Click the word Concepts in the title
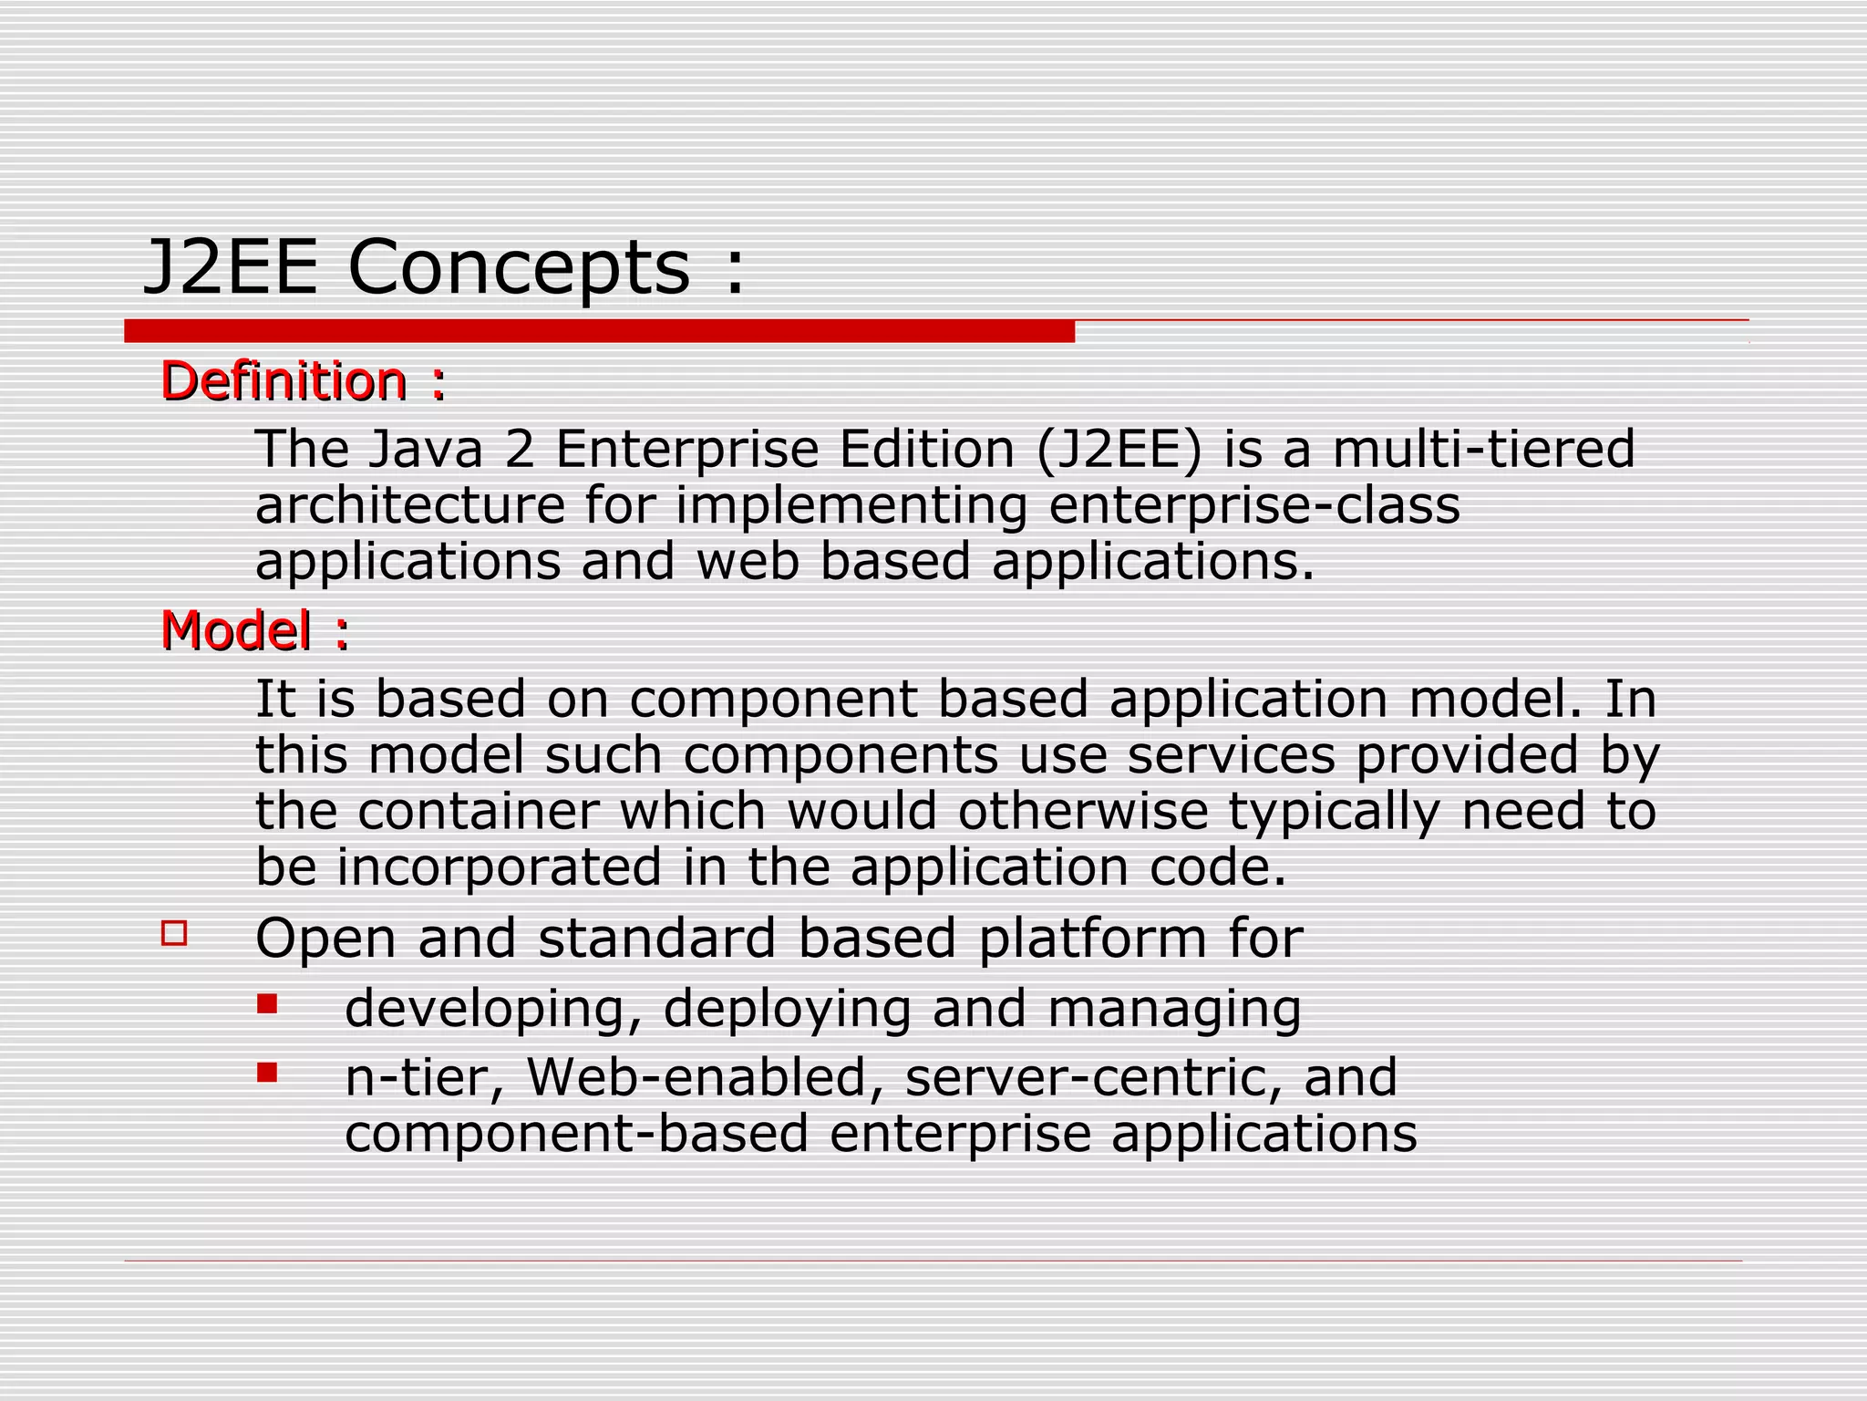click(519, 268)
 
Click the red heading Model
click(236, 630)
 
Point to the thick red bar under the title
click(599, 331)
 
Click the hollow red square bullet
click(174, 933)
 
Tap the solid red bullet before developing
click(267, 1004)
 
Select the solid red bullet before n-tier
click(267, 1073)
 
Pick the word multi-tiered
click(1484, 450)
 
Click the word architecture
click(410, 506)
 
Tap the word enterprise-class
click(1254, 506)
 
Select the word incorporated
click(499, 867)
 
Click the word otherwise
click(1082, 811)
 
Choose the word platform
click(1092, 939)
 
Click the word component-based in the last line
click(577, 1134)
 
